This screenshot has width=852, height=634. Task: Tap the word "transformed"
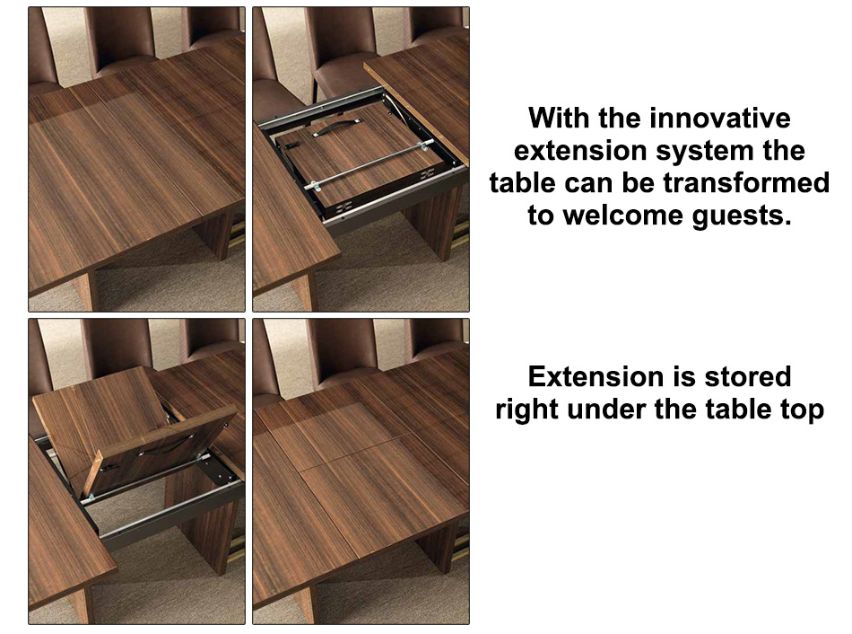tap(746, 183)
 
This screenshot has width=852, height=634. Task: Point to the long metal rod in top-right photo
tap(369, 163)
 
